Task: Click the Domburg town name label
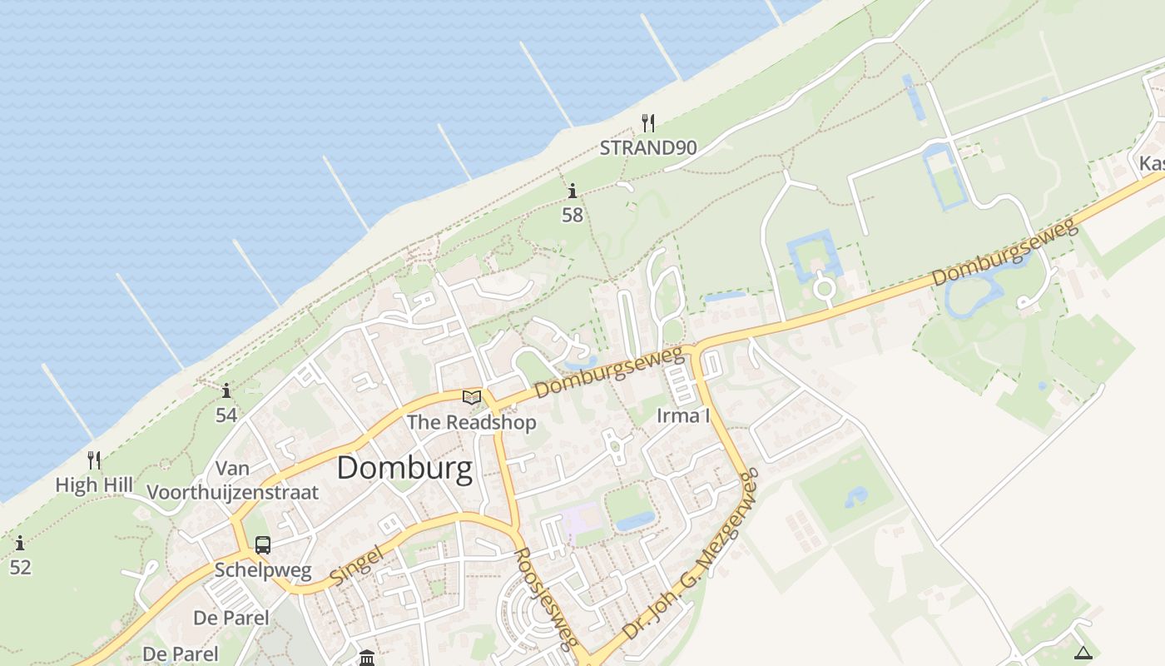click(x=404, y=469)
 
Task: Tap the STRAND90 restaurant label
click(x=648, y=148)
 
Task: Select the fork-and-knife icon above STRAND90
click(x=648, y=123)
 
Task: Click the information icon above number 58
click(x=573, y=191)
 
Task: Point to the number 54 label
click(x=226, y=415)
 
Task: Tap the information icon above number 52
click(x=20, y=544)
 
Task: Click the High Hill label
click(x=89, y=485)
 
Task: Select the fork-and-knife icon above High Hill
click(x=94, y=460)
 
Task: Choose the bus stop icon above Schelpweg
click(x=263, y=545)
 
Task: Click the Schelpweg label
click(x=263, y=570)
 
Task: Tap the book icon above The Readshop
click(x=472, y=397)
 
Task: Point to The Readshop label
click(x=471, y=422)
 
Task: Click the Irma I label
click(x=683, y=415)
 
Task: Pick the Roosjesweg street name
click(x=546, y=598)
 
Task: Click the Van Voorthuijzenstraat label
click(x=232, y=480)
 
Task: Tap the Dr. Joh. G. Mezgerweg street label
click(x=692, y=555)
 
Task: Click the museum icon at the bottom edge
click(x=367, y=659)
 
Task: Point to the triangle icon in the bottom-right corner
click(x=1083, y=653)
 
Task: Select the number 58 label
click(x=573, y=215)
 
